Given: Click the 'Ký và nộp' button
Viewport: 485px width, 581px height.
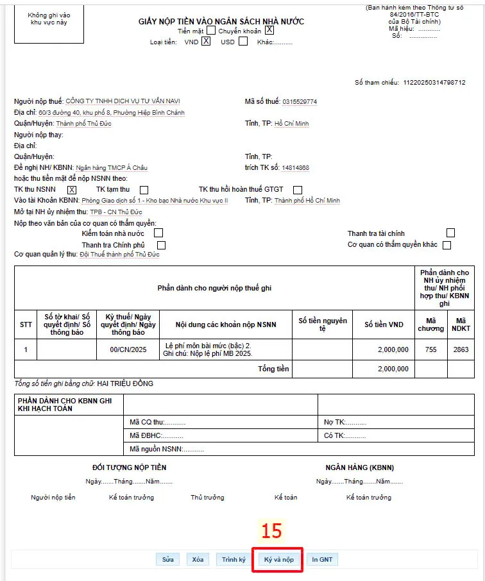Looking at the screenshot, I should click(x=278, y=559).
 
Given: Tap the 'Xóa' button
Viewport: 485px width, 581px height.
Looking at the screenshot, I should click(x=198, y=559).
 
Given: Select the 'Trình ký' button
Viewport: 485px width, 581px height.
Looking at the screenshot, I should click(x=234, y=559).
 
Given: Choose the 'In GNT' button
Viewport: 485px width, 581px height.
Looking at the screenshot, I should click(x=322, y=559).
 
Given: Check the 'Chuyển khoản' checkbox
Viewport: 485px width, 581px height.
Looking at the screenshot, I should click(x=269, y=30).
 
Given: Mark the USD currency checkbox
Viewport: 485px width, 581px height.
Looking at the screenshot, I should click(x=243, y=42).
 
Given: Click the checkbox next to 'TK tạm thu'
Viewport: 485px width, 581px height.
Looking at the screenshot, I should click(x=144, y=190).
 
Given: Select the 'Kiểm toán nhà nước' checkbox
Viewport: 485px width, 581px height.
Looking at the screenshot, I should click(x=158, y=233).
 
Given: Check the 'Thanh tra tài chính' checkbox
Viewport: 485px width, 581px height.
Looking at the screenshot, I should click(x=451, y=233).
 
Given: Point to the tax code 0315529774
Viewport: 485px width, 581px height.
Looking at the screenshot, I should click(x=299, y=102).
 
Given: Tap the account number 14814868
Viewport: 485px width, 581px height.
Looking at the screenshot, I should click(x=295, y=168).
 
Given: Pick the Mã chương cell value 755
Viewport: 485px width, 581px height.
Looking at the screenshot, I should click(x=430, y=349).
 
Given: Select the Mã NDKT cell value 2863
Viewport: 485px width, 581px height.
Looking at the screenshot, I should click(x=461, y=349).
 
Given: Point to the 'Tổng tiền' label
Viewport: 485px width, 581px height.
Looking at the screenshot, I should click(x=274, y=369).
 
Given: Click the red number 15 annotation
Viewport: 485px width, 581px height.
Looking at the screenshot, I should click(x=271, y=530).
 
